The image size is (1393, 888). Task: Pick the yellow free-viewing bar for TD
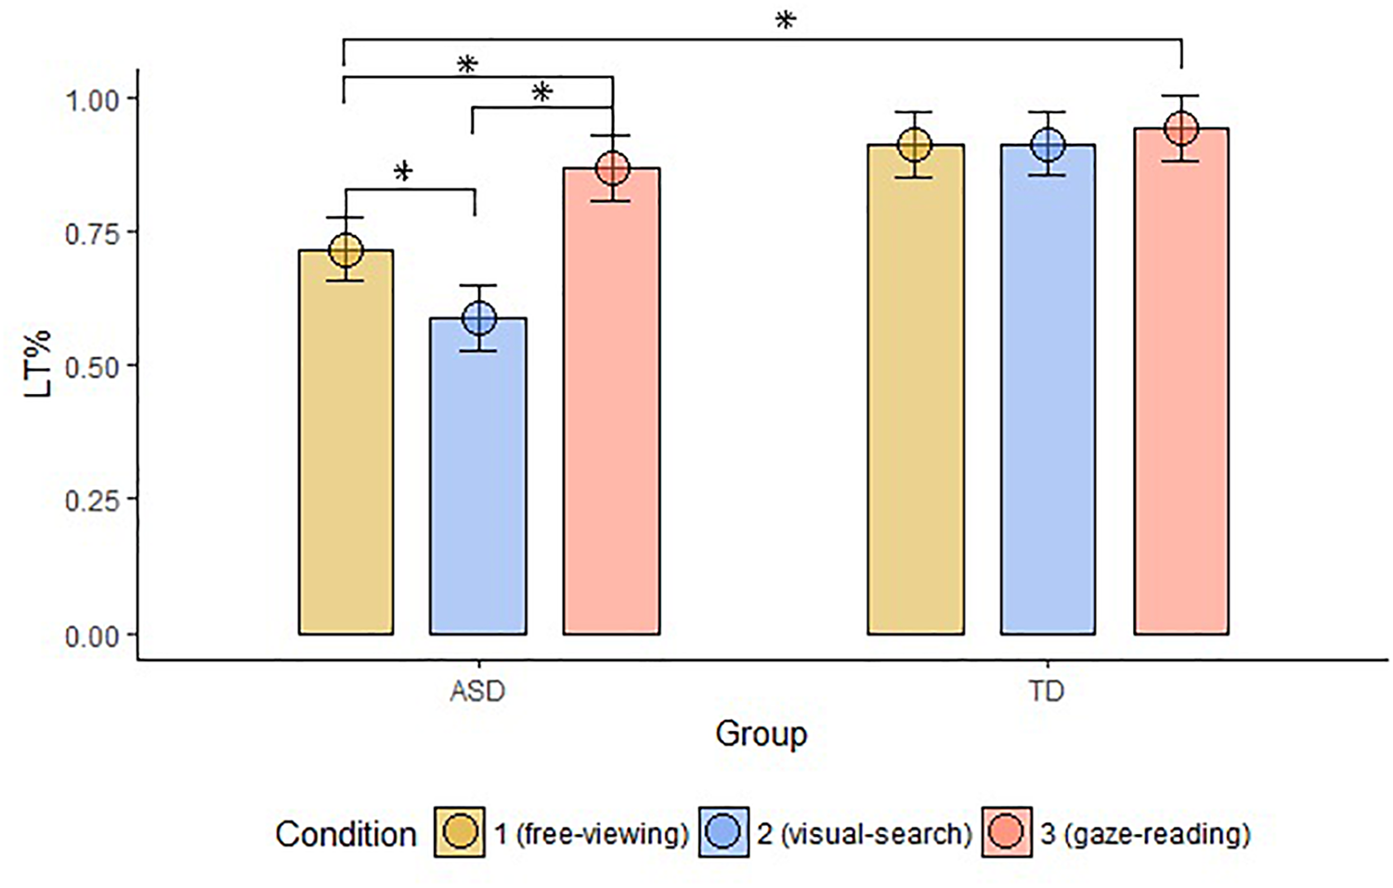click(x=916, y=390)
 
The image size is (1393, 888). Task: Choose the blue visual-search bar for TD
click(x=1048, y=390)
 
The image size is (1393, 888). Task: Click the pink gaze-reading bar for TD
click(x=1181, y=382)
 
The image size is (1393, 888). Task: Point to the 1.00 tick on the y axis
click(x=92, y=99)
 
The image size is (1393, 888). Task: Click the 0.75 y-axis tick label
click(x=92, y=233)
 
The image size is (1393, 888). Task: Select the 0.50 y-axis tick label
click(x=92, y=367)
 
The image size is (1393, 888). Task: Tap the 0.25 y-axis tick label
click(x=92, y=501)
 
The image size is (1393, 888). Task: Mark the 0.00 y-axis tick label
click(x=92, y=636)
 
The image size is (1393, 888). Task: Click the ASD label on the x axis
click(x=477, y=692)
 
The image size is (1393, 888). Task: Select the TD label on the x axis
click(x=1047, y=692)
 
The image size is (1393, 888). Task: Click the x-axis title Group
click(x=761, y=734)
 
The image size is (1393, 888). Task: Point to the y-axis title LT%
click(x=38, y=363)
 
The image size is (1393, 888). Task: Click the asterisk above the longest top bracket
click(x=786, y=20)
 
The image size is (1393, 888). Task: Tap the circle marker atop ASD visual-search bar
click(x=479, y=319)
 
